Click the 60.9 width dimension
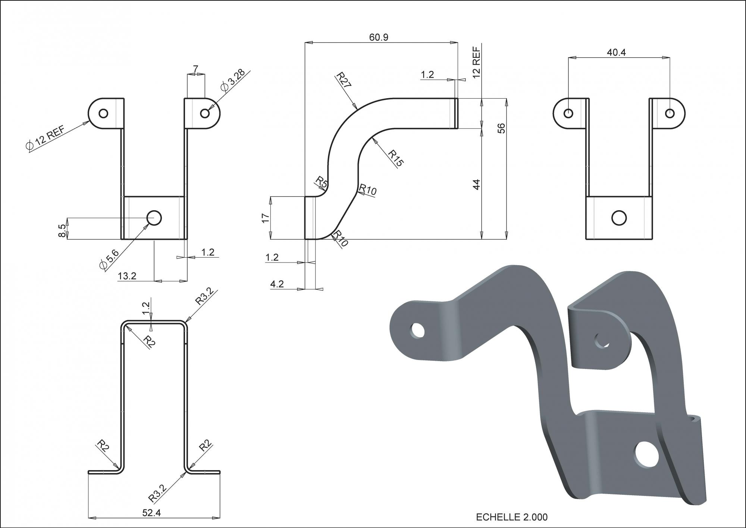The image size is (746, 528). click(x=379, y=37)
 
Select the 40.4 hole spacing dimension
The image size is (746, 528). click(x=616, y=52)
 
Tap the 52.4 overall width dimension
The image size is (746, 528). click(x=151, y=513)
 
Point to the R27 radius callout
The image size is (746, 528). click(x=344, y=80)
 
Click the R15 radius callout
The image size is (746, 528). click(x=395, y=158)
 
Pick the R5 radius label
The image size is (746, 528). click(x=321, y=183)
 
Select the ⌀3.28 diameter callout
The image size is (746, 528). click(x=233, y=81)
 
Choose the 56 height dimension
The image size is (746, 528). click(x=502, y=128)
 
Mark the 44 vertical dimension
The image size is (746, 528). click(x=476, y=184)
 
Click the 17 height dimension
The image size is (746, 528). click(x=266, y=218)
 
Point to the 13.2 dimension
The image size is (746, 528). click(x=127, y=276)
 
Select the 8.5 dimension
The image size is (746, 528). click(x=62, y=230)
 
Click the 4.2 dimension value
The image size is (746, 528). click(x=277, y=284)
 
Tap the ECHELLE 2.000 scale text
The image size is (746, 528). click(x=512, y=517)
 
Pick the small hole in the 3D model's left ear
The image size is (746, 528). click(x=418, y=330)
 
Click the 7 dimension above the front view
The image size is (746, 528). click(x=195, y=69)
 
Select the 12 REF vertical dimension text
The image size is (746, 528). click(x=476, y=62)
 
